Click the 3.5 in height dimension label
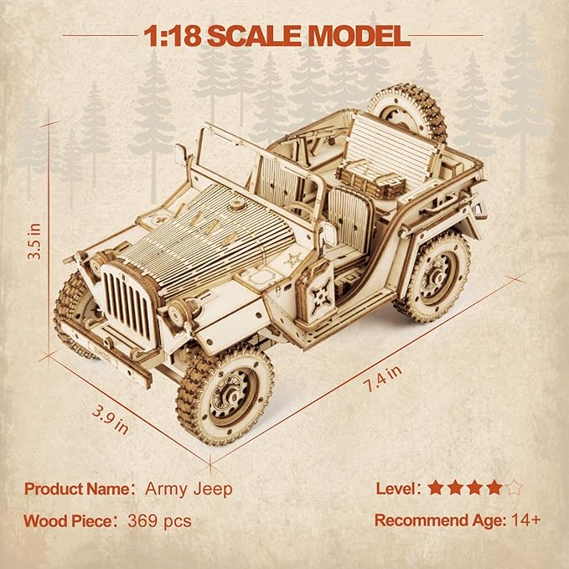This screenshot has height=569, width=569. [35, 241]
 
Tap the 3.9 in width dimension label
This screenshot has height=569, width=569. [111, 420]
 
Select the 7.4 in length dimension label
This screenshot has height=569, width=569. [383, 379]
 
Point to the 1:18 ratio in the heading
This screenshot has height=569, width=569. [173, 36]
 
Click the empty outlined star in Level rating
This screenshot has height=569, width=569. [514, 488]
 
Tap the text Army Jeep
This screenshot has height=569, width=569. [189, 489]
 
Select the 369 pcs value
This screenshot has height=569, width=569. [159, 521]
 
